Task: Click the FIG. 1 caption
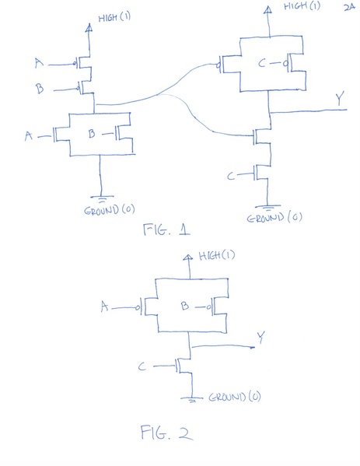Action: click(x=167, y=229)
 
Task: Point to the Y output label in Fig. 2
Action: click(x=261, y=337)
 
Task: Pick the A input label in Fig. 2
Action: click(x=104, y=307)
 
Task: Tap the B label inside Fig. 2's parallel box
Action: click(x=186, y=307)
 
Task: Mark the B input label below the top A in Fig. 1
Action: click(x=40, y=89)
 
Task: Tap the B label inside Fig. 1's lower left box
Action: click(x=92, y=135)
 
